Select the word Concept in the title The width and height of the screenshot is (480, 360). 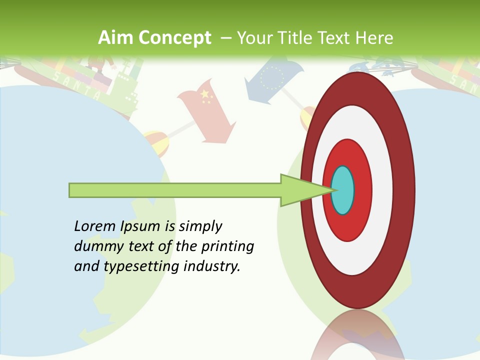click(x=175, y=38)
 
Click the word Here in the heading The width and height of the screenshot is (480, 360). click(x=373, y=38)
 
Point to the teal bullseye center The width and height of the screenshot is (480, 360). click(x=342, y=190)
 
